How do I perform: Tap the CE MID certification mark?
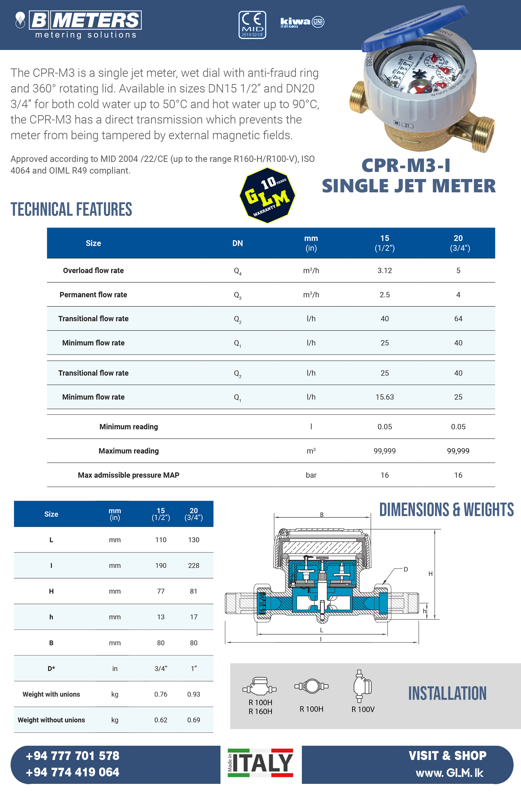(x=252, y=25)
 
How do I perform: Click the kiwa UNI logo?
(x=302, y=22)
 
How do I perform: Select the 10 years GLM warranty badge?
(x=267, y=195)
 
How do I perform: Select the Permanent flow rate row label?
(x=93, y=294)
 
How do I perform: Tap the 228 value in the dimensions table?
(x=194, y=565)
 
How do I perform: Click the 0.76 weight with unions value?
(x=161, y=694)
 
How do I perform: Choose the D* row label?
(x=51, y=668)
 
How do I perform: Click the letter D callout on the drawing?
(x=406, y=569)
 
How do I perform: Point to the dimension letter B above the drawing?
(x=322, y=515)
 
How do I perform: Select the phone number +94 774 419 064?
(x=73, y=772)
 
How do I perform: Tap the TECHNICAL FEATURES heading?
(x=71, y=209)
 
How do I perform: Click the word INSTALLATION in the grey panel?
(x=447, y=693)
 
